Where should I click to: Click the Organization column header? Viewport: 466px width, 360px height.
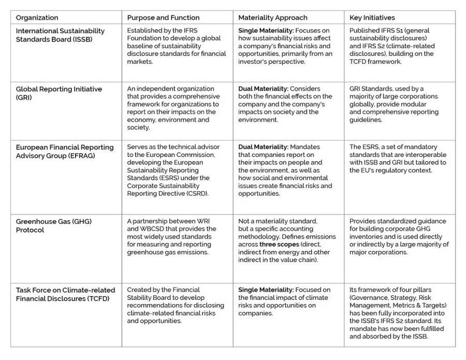(x=37, y=18)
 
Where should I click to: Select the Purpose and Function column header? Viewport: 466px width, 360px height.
(x=163, y=18)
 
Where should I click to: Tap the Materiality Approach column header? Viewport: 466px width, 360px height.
(x=272, y=18)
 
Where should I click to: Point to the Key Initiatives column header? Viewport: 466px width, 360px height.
(x=372, y=18)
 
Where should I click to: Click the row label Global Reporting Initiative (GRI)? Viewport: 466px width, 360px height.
(x=59, y=93)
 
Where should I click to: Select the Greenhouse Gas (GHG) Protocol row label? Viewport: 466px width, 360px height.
(x=53, y=225)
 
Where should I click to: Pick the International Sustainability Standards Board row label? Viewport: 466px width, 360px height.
(x=60, y=35)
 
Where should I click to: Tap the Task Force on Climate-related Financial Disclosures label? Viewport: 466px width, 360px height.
(x=65, y=294)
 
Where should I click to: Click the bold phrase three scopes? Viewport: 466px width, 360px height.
(x=276, y=244)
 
